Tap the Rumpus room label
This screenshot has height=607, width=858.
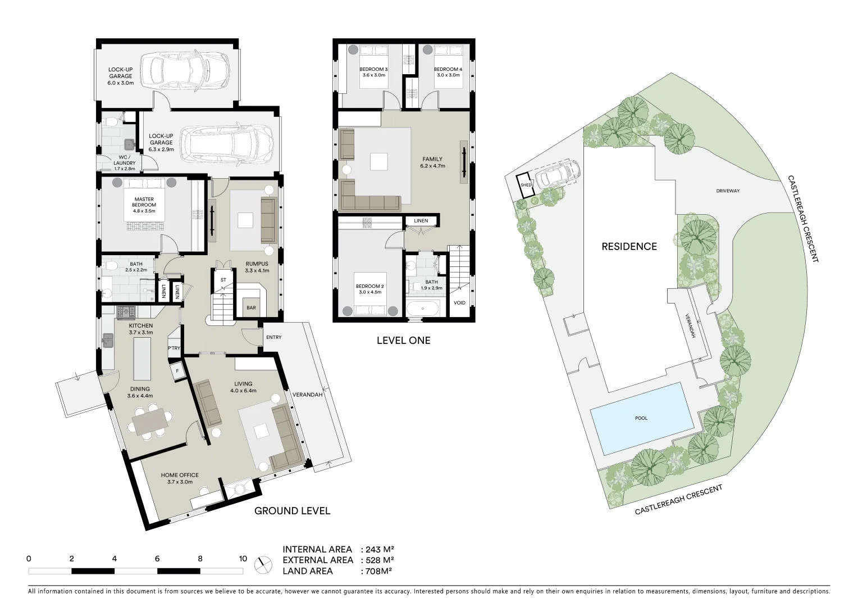(257, 267)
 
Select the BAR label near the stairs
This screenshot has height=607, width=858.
(251, 307)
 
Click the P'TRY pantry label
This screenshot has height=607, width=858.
(174, 348)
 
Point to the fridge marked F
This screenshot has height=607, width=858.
(178, 372)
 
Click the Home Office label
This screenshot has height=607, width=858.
(180, 478)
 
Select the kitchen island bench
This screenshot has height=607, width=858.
(142, 360)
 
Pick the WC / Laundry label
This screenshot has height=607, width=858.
(125, 162)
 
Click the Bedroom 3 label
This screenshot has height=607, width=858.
(373, 72)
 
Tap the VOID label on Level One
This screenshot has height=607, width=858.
(459, 303)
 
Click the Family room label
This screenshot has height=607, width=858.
(432, 162)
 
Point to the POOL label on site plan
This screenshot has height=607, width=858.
(641, 418)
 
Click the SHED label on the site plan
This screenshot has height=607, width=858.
(526, 185)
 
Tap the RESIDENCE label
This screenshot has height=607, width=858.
(629, 246)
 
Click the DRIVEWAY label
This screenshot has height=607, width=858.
(728, 191)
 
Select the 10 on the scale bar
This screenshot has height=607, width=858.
(243, 559)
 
